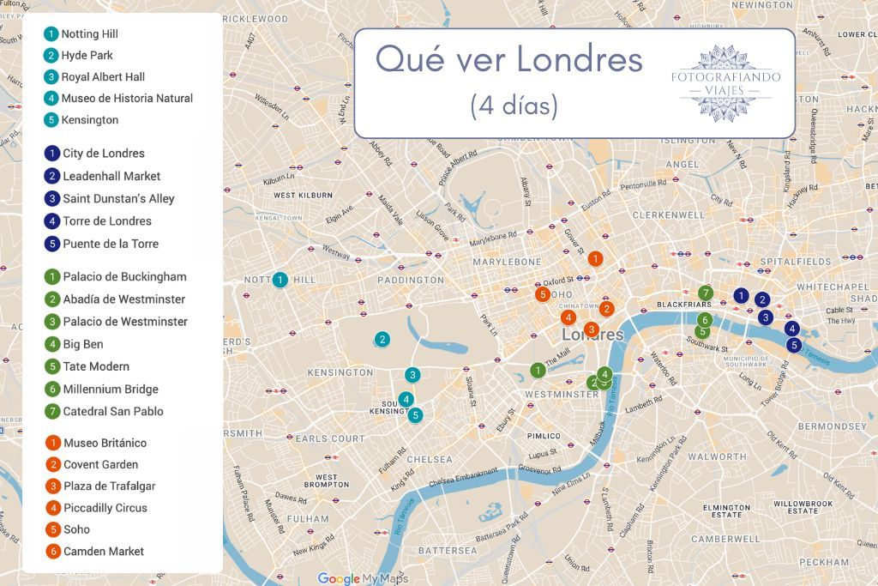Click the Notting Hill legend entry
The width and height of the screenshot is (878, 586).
pos(89,34)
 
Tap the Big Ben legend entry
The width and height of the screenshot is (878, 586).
pos(83,344)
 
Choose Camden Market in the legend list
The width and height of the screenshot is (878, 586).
pos(103,551)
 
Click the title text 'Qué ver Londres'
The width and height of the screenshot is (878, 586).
pos(509,60)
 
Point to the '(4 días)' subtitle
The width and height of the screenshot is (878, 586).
pos(514,106)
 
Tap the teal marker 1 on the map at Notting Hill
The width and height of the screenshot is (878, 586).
pos(280,280)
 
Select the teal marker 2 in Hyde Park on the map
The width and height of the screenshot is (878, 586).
pos(382,340)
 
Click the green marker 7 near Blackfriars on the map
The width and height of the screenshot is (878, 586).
pos(706,293)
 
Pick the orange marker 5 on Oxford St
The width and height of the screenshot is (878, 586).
pos(543,294)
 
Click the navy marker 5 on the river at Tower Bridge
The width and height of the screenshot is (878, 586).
pos(794,345)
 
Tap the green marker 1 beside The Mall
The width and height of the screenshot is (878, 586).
pos(538,371)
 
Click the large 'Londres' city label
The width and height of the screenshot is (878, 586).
pos(592,334)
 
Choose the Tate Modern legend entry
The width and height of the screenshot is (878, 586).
pos(95,366)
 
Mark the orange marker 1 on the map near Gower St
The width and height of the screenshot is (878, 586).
pos(595,258)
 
